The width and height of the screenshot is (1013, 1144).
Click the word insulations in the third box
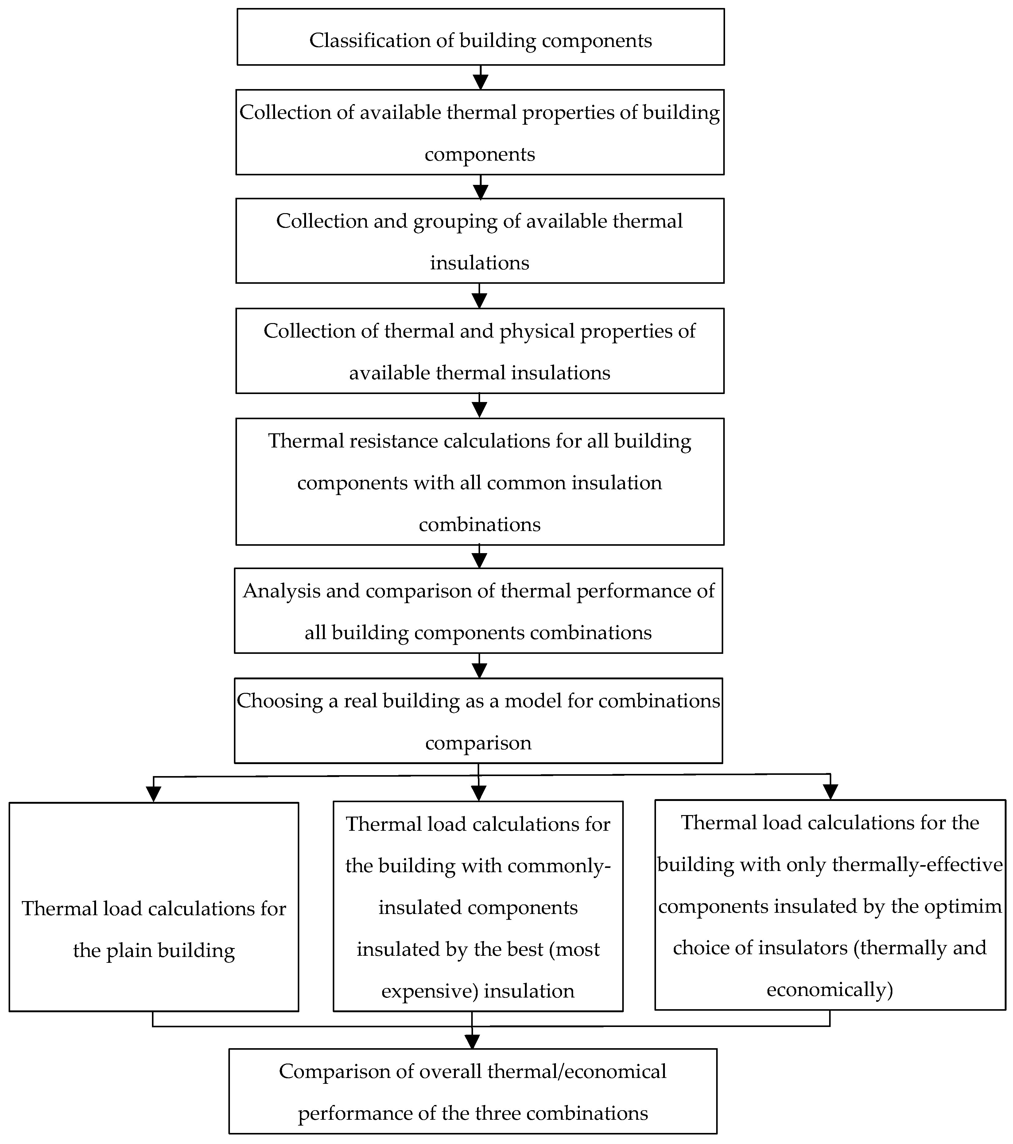pyautogui.click(x=479, y=263)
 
